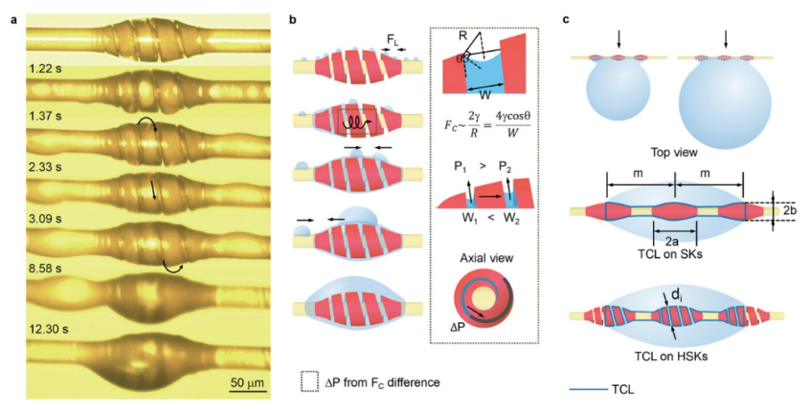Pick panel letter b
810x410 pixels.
[291, 16]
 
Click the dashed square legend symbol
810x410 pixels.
[308, 380]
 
